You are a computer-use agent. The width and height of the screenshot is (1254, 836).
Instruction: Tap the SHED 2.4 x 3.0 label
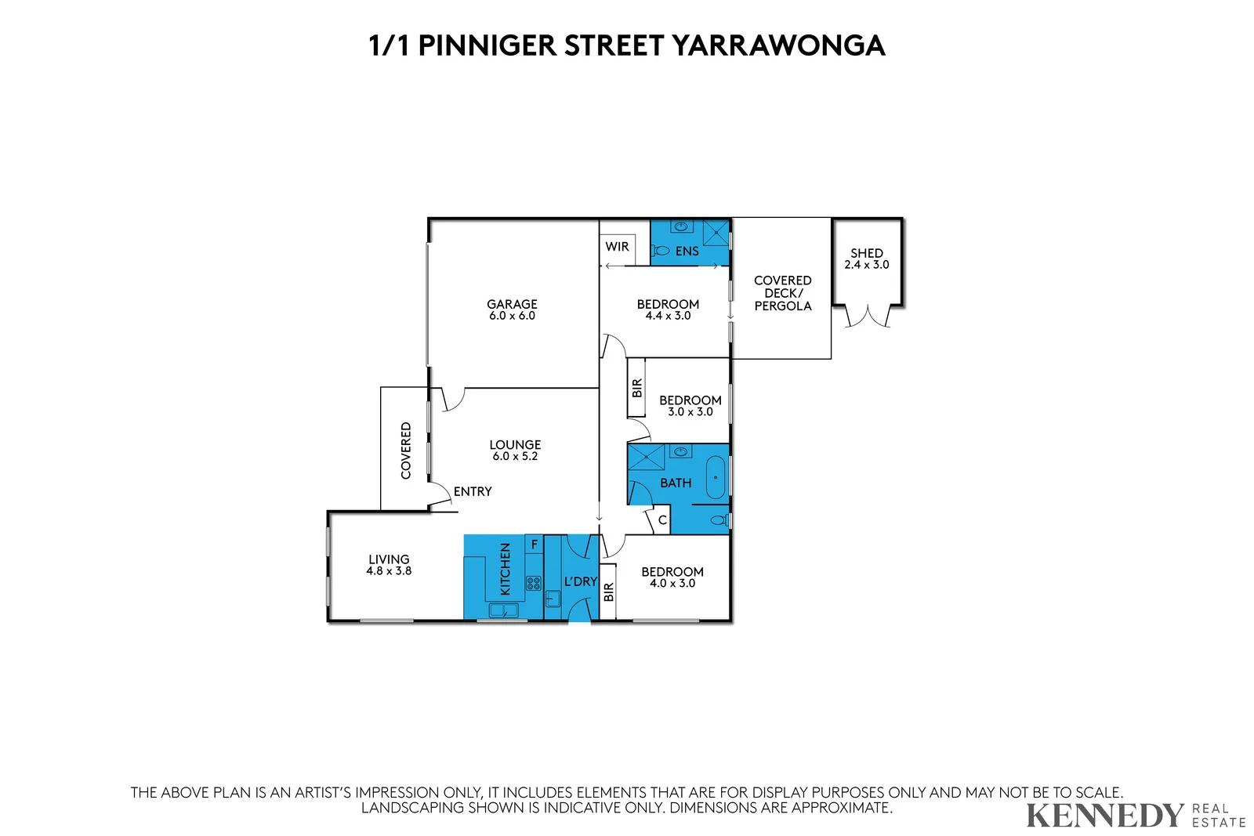(866, 259)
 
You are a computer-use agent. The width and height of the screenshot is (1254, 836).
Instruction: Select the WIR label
(617, 247)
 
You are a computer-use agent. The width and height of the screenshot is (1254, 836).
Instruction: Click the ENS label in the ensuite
(687, 252)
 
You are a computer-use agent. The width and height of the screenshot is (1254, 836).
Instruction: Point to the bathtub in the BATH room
(716, 477)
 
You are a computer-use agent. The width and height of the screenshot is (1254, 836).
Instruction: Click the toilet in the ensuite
(661, 251)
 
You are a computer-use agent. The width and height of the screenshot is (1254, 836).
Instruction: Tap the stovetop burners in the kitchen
(533, 583)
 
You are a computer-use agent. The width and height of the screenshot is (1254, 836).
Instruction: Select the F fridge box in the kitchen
(535, 544)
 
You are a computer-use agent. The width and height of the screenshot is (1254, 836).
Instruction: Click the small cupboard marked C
(662, 520)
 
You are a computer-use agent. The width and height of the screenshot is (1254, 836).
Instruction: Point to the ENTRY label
(473, 491)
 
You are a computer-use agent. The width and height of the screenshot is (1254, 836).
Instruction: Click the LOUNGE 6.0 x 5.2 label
(515, 450)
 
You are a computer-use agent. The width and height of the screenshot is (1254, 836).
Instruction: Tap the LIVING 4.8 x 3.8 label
(389, 565)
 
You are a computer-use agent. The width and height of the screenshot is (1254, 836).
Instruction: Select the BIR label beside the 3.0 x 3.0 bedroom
(636, 388)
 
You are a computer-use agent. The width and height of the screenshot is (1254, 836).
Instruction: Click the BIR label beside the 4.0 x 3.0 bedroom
(608, 592)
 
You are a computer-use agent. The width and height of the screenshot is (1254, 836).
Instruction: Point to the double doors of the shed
(868, 317)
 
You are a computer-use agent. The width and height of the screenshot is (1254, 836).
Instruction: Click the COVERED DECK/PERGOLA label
(782, 293)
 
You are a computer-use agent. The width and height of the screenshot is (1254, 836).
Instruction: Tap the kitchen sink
(502, 610)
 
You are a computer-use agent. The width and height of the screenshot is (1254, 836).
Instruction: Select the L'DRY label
(580, 581)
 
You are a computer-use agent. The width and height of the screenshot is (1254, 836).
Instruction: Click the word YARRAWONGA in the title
(778, 45)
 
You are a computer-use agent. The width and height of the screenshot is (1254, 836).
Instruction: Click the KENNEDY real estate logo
(1104, 816)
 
